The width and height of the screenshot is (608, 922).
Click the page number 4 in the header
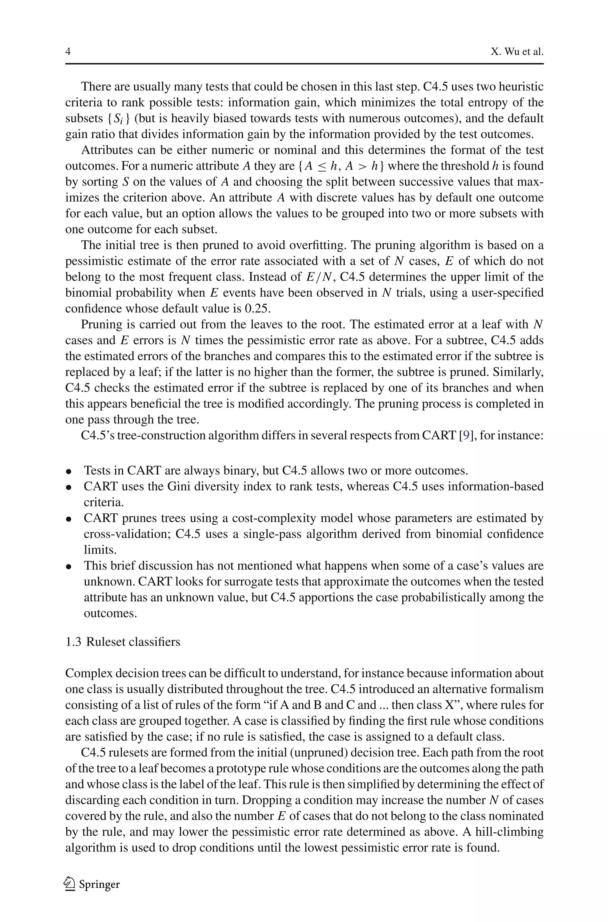click(x=68, y=52)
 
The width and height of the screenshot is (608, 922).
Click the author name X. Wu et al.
click(x=517, y=52)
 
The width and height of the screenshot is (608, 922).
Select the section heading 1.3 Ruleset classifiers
click(x=123, y=642)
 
